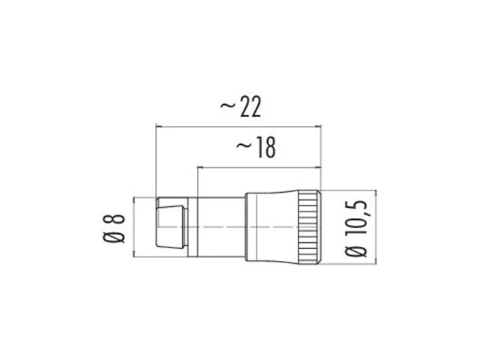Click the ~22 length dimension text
click(241, 107)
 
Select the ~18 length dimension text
click(256, 148)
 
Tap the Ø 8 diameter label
click(113, 228)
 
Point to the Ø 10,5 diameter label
click(355, 228)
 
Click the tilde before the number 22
click(228, 106)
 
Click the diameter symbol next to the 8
click(113, 238)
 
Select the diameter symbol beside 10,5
click(355, 252)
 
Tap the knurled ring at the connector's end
click(310, 227)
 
